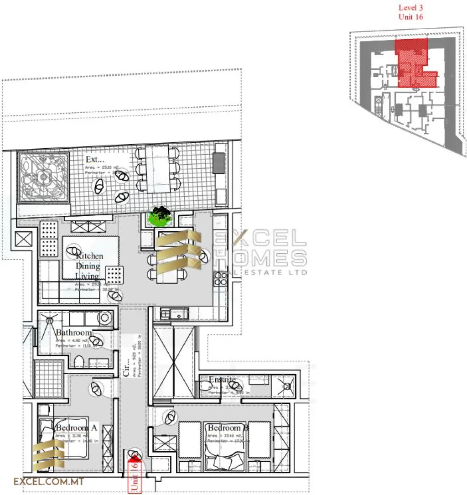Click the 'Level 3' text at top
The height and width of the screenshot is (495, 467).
click(x=411, y=7)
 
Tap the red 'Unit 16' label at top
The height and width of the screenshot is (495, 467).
click(x=411, y=16)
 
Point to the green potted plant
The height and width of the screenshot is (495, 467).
click(x=161, y=216)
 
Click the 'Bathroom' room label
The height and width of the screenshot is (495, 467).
click(x=74, y=333)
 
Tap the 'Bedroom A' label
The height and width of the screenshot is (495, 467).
click(x=76, y=428)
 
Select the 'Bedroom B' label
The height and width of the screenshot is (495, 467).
click(x=228, y=428)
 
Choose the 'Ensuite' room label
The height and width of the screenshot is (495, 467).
click(x=222, y=380)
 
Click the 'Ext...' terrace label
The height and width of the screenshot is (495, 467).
click(x=95, y=160)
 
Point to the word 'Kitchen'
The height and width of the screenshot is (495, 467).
click(x=89, y=256)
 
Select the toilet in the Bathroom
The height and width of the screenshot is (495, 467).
click(x=79, y=362)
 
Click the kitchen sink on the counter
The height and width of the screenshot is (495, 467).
click(x=176, y=313)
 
